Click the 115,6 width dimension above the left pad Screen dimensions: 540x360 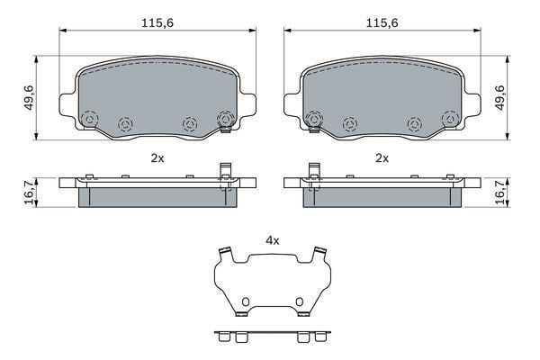click(x=157, y=23)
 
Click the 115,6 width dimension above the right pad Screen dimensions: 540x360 click(x=382, y=23)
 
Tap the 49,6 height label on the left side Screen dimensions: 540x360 click(x=30, y=98)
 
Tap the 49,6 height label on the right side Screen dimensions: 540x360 click(x=499, y=98)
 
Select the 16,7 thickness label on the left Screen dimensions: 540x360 click(x=31, y=193)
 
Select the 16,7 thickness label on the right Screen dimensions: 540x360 click(x=500, y=193)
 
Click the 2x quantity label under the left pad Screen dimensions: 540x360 click(x=157, y=158)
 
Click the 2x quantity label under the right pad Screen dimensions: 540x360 click(x=382, y=158)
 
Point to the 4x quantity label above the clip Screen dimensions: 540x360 click(x=272, y=240)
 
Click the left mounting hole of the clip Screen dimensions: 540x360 click(x=245, y=301)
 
